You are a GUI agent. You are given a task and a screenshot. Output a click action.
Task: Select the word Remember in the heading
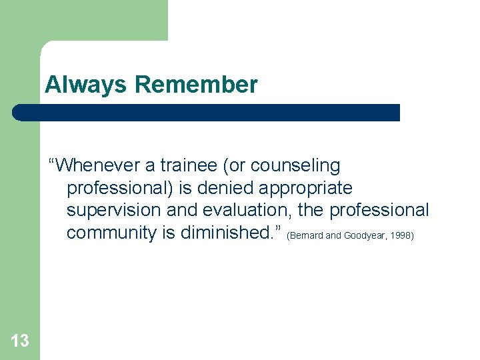[195, 85]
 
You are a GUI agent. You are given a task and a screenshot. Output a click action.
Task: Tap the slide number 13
[20, 341]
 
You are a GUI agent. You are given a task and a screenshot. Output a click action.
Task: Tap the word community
[111, 233]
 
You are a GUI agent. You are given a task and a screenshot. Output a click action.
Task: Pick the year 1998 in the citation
[401, 236]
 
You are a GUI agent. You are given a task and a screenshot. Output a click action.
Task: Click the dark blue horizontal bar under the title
[207, 113]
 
